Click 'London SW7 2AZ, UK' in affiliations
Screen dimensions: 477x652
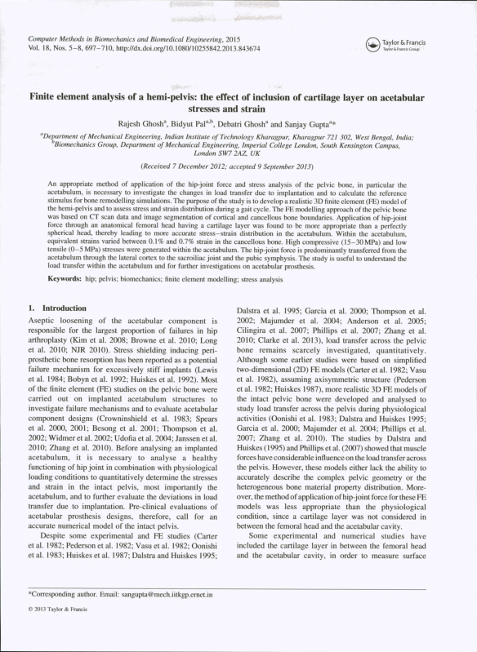click(x=237, y=153)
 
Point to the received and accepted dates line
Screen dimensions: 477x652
click(x=237, y=166)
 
